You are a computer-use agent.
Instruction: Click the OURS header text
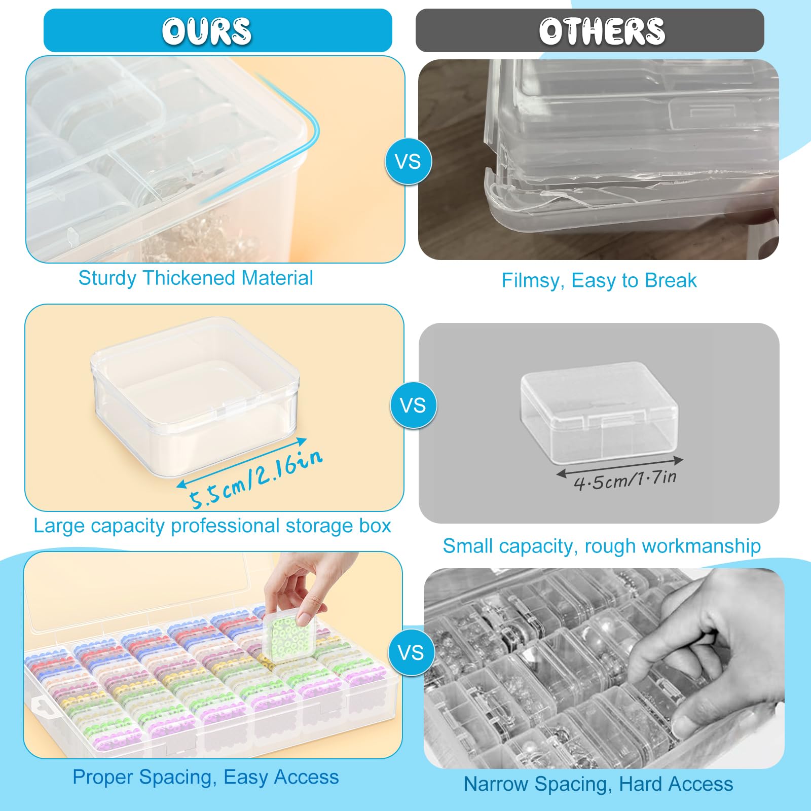pos(207,31)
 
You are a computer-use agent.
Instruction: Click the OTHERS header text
pos(602,31)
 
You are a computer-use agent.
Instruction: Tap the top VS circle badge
pos(409,162)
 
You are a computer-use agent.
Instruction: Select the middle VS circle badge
pos(413,405)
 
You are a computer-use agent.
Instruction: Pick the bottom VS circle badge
pos(411,652)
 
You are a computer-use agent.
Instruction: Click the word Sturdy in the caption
pos(107,279)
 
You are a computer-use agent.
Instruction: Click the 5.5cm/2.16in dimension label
pos(256,478)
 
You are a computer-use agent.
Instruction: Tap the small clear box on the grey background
pos(599,412)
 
